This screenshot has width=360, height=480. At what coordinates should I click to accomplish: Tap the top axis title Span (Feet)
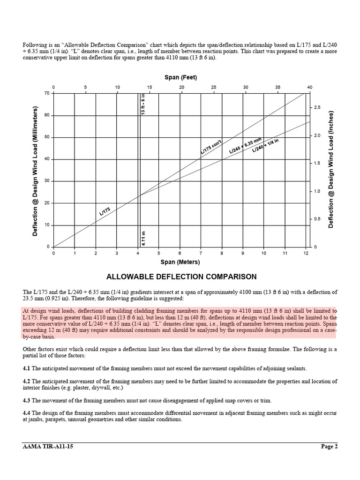[x=180, y=77]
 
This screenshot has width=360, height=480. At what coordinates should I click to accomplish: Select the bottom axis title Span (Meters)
[x=180, y=262]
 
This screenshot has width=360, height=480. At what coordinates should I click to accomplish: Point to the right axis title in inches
[x=331, y=170]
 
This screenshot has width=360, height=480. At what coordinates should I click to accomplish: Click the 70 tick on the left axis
[x=47, y=93]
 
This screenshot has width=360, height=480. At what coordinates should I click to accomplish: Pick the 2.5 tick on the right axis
[x=317, y=108]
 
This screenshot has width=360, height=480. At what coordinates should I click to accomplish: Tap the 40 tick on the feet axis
[x=309, y=87]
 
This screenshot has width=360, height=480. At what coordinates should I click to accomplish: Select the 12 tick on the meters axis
[x=306, y=253]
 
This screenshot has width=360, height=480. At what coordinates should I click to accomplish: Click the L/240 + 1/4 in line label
[x=265, y=145]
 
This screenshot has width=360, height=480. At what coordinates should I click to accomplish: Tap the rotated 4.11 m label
[x=143, y=238]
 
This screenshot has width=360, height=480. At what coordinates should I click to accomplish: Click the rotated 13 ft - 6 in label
[x=143, y=104]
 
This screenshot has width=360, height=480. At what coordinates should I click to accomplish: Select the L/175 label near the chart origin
[x=105, y=211]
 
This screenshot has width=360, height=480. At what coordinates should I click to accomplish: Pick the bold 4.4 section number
[x=27, y=412]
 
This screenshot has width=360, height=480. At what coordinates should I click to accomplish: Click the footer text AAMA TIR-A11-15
[x=48, y=446]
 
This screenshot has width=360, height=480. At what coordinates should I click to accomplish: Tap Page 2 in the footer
[x=329, y=446]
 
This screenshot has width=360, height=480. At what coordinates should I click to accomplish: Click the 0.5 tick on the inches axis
[x=317, y=219]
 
